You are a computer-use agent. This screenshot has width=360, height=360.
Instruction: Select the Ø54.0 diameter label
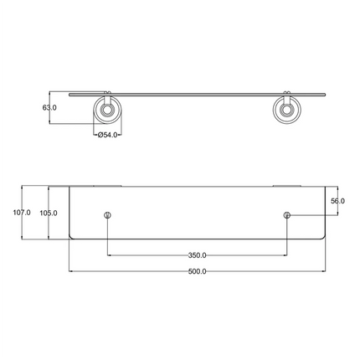click(x=110, y=134)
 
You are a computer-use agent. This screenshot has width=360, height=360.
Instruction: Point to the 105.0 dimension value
click(x=49, y=213)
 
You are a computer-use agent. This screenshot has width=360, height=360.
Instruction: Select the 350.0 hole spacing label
click(x=198, y=255)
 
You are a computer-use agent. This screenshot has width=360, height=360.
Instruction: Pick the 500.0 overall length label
click(x=198, y=272)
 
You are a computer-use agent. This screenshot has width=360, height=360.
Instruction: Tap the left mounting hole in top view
click(x=108, y=217)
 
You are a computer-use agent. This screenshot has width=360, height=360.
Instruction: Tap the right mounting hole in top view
click(x=287, y=217)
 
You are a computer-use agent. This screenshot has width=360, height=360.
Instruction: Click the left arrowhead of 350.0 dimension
click(x=110, y=255)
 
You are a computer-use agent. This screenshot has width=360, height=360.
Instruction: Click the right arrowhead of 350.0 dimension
click(x=285, y=255)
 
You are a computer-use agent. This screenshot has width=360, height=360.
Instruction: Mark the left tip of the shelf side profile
click(x=69, y=91)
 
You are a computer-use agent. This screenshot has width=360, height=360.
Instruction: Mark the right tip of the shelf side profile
click(x=326, y=91)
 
